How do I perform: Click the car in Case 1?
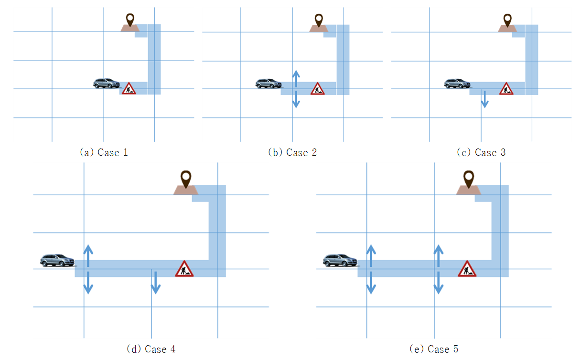click(x=107, y=84)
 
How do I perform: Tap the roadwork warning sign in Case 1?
click(x=129, y=88)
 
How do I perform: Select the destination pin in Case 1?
click(x=130, y=20)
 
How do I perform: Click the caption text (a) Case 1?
click(x=104, y=152)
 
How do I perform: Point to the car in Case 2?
click(x=269, y=84)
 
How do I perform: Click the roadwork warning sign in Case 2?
click(x=318, y=88)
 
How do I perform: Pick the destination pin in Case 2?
click(x=319, y=21)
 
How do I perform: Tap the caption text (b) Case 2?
click(x=292, y=152)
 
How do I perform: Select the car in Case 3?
click(x=458, y=84)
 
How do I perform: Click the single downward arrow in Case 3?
click(x=485, y=99)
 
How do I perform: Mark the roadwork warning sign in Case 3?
click(x=506, y=88)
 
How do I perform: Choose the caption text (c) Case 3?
click(x=482, y=152)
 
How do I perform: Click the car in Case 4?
click(x=58, y=260)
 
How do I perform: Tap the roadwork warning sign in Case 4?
click(x=184, y=269)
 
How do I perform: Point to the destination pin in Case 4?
click(x=186, y=180)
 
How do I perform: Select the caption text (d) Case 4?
click(x=151, y=349)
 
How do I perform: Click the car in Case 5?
click(x=341, y=260)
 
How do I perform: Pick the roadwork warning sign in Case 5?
click(x=467, y=269)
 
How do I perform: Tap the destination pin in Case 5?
click(x=469, y=180)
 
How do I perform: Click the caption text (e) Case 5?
click(x=434, y=349)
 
